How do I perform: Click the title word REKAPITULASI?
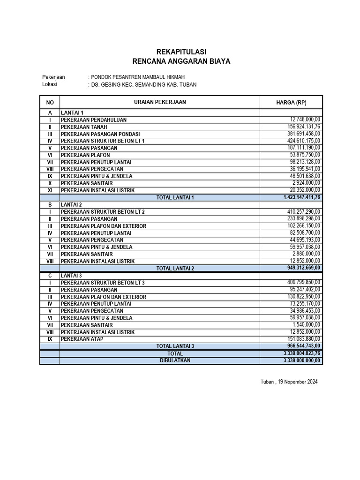(181, 52)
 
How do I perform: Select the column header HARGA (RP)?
(291, 103)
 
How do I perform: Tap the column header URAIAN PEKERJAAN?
(160, 102)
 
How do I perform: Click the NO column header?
(50, 103)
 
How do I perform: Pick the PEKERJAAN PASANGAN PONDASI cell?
(100, 134)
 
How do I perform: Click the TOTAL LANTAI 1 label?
(175, 198)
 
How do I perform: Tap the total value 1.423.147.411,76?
(302, 197)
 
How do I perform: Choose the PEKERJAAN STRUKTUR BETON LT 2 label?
(103, 212)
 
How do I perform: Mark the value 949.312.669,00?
(304, 268)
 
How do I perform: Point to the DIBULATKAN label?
(175, 360)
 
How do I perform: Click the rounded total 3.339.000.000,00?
(302, 360)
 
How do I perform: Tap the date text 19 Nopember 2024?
(298, 382)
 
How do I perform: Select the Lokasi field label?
(49, 84)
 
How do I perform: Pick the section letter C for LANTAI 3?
(50, 276)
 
